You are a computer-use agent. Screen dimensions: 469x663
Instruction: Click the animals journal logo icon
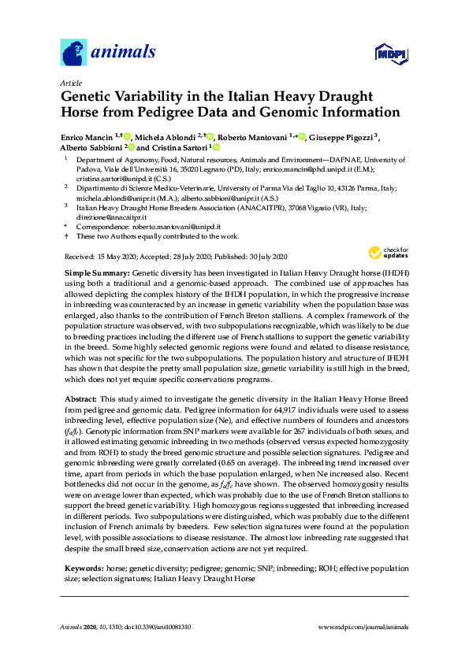point(73,52)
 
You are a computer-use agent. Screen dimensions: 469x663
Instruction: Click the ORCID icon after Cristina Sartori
point(216,147)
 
